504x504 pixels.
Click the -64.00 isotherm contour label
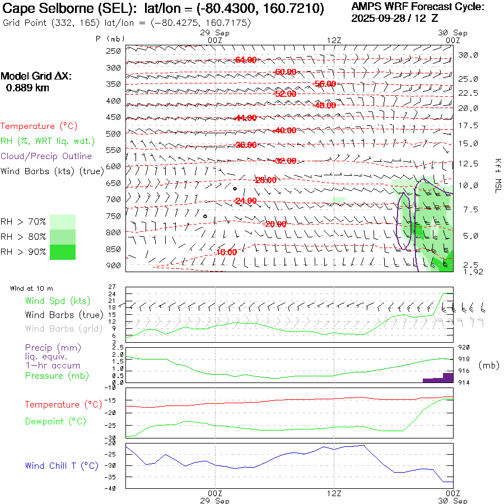pyautogui.click(x=246, y=59)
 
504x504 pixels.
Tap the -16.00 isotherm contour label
pyautogui.click(x=226, y=252)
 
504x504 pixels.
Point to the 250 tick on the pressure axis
pyautogui.click(x=114, y=51)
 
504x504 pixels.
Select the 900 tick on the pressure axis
pyautogui.click(x=114, y=265)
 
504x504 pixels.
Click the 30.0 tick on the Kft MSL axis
pyautogui.click(x=468, y=55)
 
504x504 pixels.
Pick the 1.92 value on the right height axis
pyautogui.click(x=473, y=272)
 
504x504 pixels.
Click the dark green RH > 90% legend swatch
pyautogui.click(x=63, y=252)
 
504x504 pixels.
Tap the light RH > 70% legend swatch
pyautogui.click(x=63, y=222)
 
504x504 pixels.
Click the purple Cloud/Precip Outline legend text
pyautogui.click(x=46, y=156)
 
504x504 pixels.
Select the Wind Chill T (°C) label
pyautogui.click(x=61, y=465)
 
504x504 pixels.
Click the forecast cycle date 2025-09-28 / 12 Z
pyautogui.click(x=395, y=18)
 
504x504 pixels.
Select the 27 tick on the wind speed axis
pyautogui.click(x=112, y=287)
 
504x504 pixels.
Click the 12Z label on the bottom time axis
pyautogui.click(x=334, y=493)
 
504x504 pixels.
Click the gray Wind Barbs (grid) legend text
pyautogui.click(x=63, y=329)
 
